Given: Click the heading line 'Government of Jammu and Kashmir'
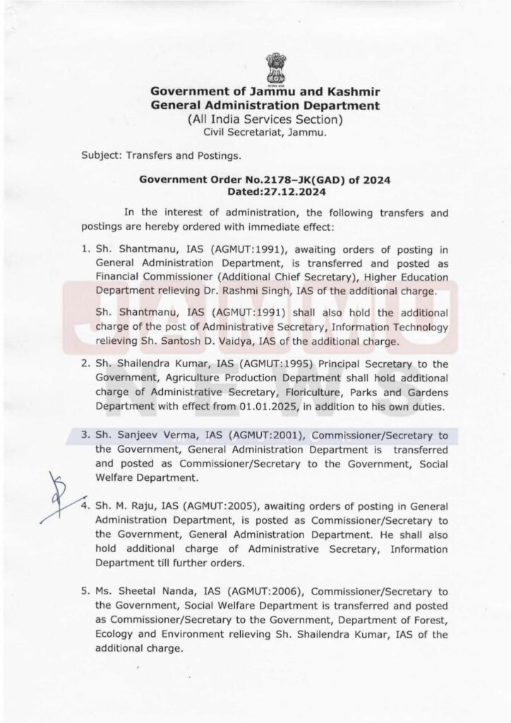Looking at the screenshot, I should click(265, 92).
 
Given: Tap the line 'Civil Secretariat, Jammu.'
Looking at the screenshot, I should click(265, 131).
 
